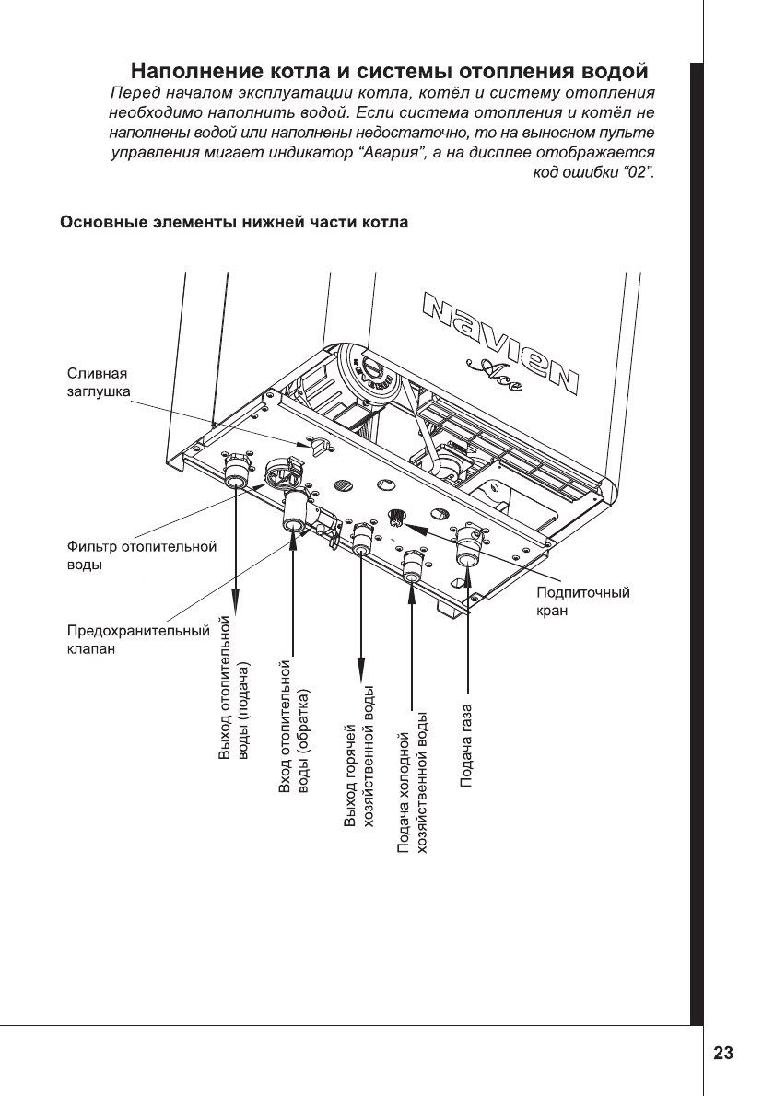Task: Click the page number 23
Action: tap(723, 1053)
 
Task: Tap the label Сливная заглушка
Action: tap(99, 382)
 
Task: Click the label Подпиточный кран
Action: tap(583, 600)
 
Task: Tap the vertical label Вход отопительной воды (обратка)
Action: tap(295, 727)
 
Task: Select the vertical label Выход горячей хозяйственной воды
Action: tap(358, 757)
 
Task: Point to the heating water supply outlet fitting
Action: tap(236, 481)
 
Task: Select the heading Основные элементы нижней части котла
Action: tap(235, 223)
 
